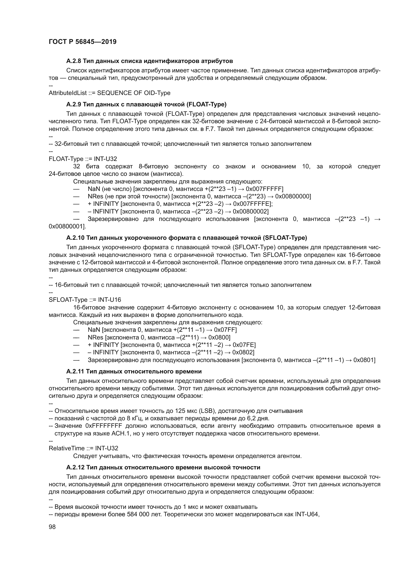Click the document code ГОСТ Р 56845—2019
point(83,42)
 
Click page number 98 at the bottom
point(52,527)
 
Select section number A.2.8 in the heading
point(74,61)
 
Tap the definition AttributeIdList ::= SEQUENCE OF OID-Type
point(109,93)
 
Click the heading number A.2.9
point(74,104)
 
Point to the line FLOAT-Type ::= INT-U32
point(83,159)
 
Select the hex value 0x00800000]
point(293,196)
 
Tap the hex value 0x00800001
point(67,226)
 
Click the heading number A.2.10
point(75,238)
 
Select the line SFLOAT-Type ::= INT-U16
point(85,300)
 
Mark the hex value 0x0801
point(364,360)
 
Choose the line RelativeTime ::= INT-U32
point(83,448)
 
